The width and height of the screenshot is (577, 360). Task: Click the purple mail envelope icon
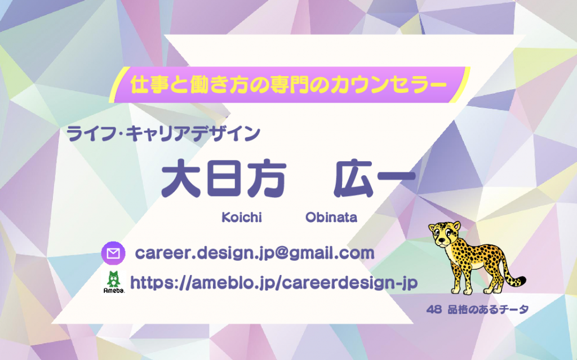pyautogui.click(x=113, y=254)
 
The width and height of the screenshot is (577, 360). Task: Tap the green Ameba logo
pyautogui.click(x=114, y=283)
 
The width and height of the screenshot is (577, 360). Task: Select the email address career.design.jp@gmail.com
pyautogui.click(x=255, y=254)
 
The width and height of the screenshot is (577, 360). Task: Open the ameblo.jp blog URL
pyautogui.click(x=274, y=283)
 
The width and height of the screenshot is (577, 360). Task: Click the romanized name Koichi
pyautogui.click(x=242, y=217)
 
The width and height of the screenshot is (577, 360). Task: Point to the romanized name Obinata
pyautogui.click(x=331, y=217)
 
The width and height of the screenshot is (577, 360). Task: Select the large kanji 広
pyautogui.click(x=354, y=178)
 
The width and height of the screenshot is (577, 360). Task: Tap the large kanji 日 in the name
pyautogui.click(x=224, y=178)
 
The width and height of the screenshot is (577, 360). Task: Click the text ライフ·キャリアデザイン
pyautogui.click(x=163, y=134)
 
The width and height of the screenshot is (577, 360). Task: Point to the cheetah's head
pyautogui.click(x=446, y=233)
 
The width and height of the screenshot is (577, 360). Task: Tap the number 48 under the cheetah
pyautogui.click(x=434, y=309)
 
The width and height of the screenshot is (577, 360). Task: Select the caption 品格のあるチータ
pyautogui.click(x=488, y=309)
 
